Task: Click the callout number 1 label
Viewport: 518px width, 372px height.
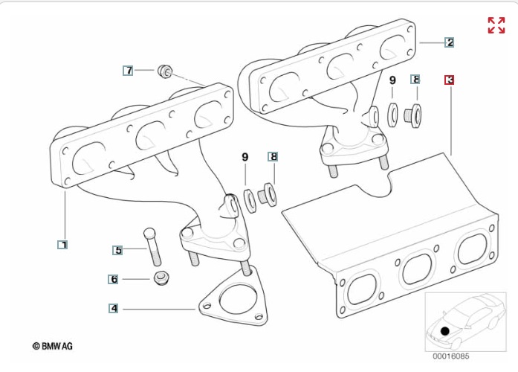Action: tap(63, 243)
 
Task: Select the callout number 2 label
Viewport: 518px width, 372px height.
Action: tap(450, 42)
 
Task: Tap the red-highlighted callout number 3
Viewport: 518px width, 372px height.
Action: tap(450, 80)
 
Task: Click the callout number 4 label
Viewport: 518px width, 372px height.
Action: tap(113, 308)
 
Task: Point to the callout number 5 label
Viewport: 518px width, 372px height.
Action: tap(117, 251)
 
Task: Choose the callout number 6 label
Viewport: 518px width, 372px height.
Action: tap(114, 280)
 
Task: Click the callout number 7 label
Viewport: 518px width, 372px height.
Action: tap(129, 71)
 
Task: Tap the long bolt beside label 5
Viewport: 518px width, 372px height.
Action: tap(152, 246)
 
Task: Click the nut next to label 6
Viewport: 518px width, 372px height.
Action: tap(161, 280)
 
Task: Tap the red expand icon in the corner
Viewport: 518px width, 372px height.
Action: tap(496, 25)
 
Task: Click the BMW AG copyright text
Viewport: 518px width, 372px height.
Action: tap(52, 347)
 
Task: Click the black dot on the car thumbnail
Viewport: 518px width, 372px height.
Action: tap(445, 330)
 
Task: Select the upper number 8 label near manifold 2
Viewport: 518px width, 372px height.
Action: tap(415, 80)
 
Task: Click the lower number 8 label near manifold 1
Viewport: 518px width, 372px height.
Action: tap(273, 157)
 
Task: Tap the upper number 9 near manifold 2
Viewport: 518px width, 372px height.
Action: tap(392, 80)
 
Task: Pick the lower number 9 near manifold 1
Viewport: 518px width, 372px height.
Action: tap(245, 157)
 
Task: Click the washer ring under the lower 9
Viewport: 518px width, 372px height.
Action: tap(249, 199)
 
